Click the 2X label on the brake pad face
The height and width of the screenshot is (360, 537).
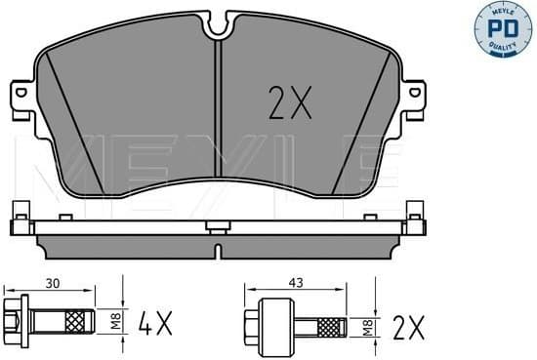tap(289, 100)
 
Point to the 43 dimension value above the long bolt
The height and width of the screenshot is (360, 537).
tap(295, 284)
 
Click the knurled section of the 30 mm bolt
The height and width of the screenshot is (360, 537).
tap(74, 319)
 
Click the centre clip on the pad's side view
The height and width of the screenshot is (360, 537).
tap(215, 228)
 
